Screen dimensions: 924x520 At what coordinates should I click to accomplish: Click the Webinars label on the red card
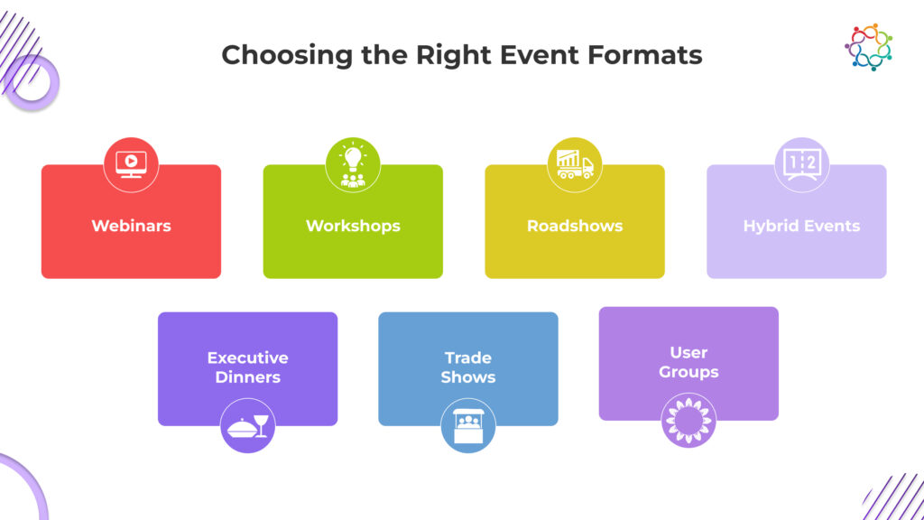click(x=131, y=226)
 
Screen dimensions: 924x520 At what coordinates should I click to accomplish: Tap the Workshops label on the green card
click(x=353, y=226)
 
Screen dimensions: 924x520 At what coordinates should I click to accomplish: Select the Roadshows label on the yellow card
click(x=575, y=226)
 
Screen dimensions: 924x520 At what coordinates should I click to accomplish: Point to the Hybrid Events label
click(x=801, y=226)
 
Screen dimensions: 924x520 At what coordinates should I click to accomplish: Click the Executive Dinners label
click(x=247, y=367)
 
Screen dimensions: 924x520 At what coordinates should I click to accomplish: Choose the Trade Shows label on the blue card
click(x=468, y=367)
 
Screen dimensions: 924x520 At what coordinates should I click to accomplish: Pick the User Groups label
click(x=688, y=362)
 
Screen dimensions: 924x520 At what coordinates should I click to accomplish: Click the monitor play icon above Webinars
click(x=131, y=164)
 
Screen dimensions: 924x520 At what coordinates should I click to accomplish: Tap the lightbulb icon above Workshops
click(x=353, y=164)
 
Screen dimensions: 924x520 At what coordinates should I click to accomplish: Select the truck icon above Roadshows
click(x=575, y=164)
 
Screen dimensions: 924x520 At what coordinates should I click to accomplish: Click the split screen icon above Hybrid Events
click(x=802, y=164)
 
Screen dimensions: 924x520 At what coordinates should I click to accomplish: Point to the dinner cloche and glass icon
click(x=247, y=426)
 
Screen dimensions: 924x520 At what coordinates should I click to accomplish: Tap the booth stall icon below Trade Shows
click(x=468, y=426)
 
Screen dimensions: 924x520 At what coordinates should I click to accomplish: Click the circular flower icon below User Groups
click(x=688, y=421)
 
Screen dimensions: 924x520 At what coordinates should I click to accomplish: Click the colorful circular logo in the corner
click(x=869, y=47)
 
